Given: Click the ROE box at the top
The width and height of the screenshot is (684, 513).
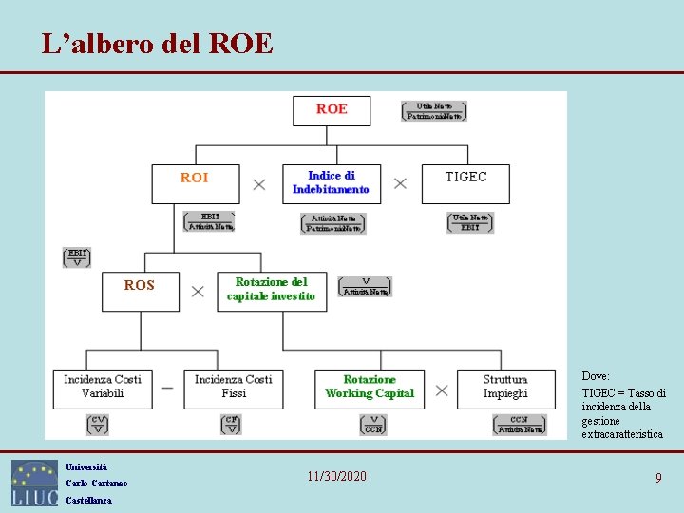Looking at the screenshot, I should pos(332,109).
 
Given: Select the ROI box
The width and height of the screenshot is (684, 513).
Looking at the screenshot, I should pos(195,183).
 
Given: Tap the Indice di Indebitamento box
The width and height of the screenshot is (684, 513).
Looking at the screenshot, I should pos(331,183).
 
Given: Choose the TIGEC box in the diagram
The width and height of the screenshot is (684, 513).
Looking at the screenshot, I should pos(465,183).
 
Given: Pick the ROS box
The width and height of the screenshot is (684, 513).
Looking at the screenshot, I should pos(140,292).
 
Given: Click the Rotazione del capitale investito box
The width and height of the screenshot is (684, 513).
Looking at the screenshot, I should pos(271,291).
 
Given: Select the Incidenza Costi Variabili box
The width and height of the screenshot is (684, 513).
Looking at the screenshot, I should pos(103,389).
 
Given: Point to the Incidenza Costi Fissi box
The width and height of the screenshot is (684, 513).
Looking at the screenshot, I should pos(234,389).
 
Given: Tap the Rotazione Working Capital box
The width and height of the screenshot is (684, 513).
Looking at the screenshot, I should pos(370,389).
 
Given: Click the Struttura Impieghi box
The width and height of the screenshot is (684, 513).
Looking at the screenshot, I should pos(505,389).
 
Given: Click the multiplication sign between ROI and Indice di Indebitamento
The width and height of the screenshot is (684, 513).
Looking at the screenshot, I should pos(259,184).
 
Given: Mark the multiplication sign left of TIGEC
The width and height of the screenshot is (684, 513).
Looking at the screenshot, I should pos(400,183).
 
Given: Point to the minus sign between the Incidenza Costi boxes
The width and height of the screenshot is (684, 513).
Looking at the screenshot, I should pos(167,389).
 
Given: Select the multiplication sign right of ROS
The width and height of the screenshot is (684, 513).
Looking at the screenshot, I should pos(198,292).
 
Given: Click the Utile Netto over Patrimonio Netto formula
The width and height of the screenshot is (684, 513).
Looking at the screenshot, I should pos(434,111).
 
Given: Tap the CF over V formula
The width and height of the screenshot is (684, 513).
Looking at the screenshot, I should pos(231,425).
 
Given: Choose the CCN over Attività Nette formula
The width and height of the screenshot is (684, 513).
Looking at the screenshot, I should pos(519,425).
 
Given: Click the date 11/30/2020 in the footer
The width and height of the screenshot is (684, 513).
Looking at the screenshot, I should pos(337,476).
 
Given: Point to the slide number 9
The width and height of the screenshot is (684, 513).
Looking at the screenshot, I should pos(657,478).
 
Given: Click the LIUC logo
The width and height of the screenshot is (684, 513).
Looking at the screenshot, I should pos(34,483).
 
